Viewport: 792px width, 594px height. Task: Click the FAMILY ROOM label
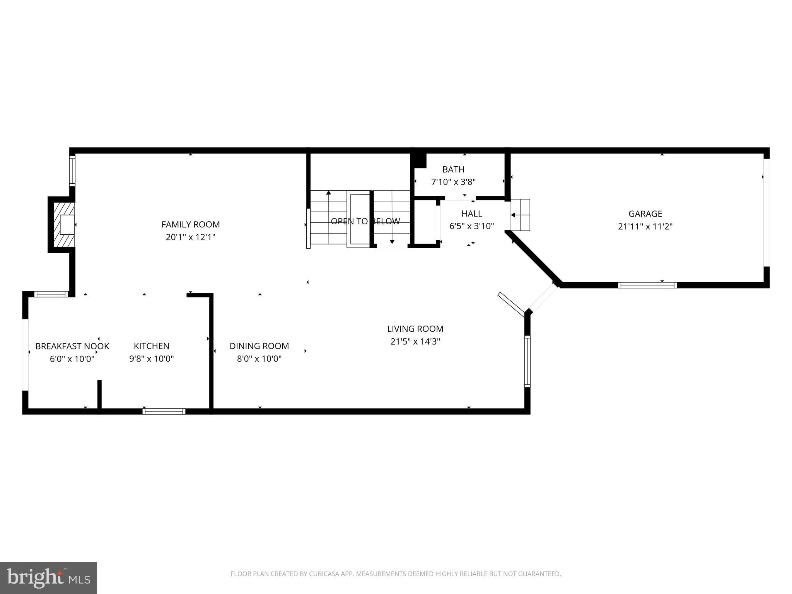tap(190, 224)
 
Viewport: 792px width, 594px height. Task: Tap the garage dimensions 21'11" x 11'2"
tap(645, 226)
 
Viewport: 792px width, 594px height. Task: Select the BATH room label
tap(453, 169)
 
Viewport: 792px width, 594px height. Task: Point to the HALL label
tap(471, 213)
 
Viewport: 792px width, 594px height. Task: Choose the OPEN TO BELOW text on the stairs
tap(365, 221)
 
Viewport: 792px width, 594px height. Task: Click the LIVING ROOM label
tap(415, 329)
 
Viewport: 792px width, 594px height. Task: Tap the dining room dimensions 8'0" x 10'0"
tap(259, 358)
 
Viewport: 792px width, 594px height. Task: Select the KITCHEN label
tap(151, 346)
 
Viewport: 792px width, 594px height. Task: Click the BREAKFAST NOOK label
tap(72, 346)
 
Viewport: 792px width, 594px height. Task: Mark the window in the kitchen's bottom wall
tap(164, 411)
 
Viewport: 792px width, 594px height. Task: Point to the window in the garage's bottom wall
tap(647, 285)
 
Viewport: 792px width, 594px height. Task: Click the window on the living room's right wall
tap(527, 361)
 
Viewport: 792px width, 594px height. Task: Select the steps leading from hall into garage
tap(521, 215)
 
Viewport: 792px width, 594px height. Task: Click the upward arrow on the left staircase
tap(329, 193)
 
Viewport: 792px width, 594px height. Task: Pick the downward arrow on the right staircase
tap(392, 241)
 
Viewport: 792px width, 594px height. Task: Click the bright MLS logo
tap(48, 578)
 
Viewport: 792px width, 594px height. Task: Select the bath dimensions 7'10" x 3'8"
tap(453, 182)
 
